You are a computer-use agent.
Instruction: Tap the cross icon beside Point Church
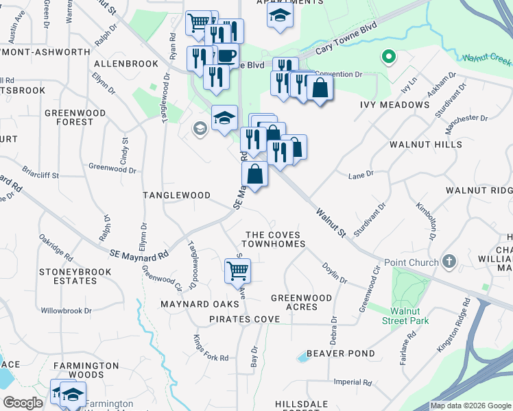coord(449,261)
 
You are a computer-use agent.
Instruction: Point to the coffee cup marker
coord(226,55)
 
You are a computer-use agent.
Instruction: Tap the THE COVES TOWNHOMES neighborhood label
coord(274,239)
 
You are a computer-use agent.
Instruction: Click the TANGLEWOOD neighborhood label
coord(176,195)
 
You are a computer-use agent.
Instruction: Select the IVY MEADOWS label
coord(394,105)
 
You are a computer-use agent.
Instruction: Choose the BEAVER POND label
coord(340,353)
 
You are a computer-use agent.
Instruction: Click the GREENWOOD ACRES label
coord(301,302)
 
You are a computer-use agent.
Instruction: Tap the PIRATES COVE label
coord(244,319)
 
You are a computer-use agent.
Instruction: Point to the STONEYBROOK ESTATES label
coord(67,276)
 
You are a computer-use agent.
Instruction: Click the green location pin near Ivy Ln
coord(388,58)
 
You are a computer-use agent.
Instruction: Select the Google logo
coord(23,403)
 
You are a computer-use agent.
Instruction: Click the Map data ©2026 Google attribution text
coord(470,406)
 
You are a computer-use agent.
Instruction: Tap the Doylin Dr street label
coord(335,275)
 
